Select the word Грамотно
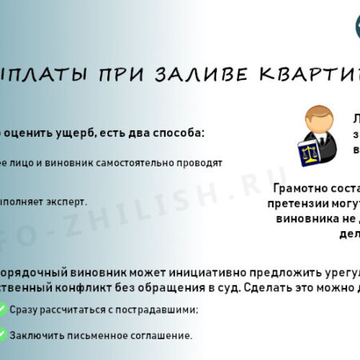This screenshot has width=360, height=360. coord(299,190)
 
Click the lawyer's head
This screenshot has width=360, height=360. coord(318,119)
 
